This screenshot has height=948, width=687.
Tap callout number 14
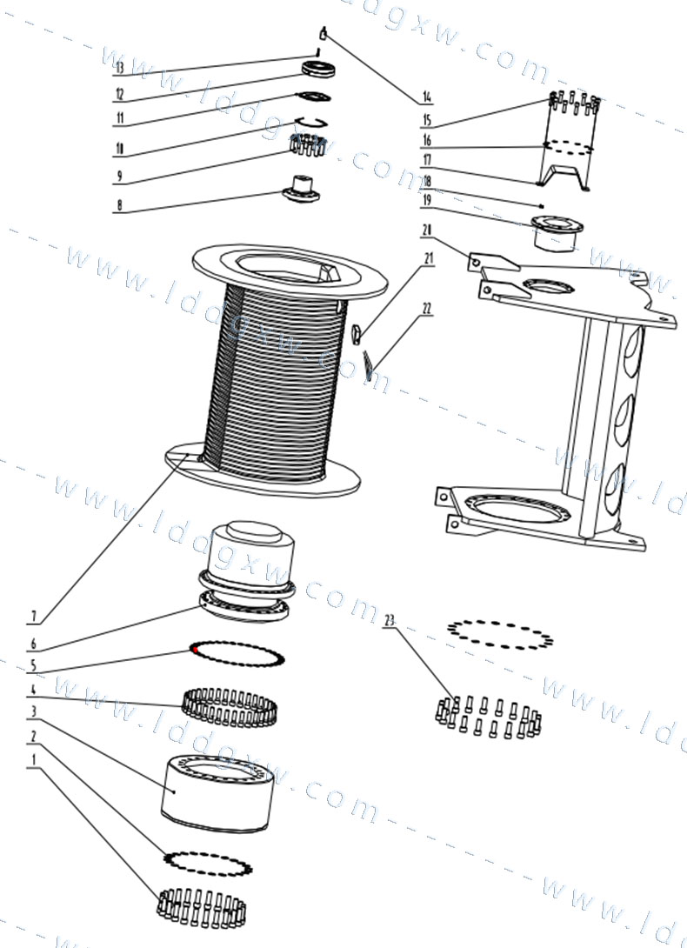tap(427, 97)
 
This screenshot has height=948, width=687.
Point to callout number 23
tap(389, 620)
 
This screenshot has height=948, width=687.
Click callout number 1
tap(33, 759)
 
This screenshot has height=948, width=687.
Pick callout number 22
tap(427, 309)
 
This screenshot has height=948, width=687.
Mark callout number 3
tap(33, 712)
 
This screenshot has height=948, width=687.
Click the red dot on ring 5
tap(196, 648)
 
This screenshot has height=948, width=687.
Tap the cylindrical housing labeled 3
tap(218, 791)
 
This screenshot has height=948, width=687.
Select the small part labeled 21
tap(358, 330)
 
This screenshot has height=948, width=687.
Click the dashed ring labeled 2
tap(207, 862)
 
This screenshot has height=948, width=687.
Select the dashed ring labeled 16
tap(568, 148)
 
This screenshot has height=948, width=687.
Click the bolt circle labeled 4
tap(227, 705)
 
